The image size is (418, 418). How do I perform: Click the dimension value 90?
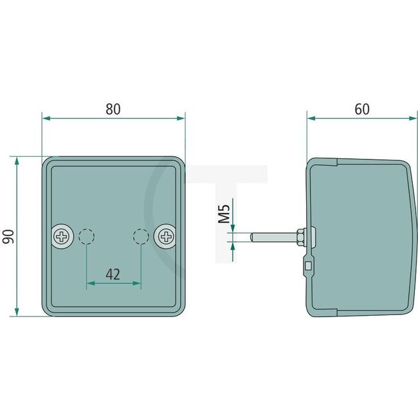[8, 236]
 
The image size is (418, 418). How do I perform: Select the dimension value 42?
[113, 275]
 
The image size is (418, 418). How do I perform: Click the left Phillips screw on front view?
[62, 237]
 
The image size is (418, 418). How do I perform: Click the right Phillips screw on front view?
[165, 237]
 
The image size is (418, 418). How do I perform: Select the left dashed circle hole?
[87, 237]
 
